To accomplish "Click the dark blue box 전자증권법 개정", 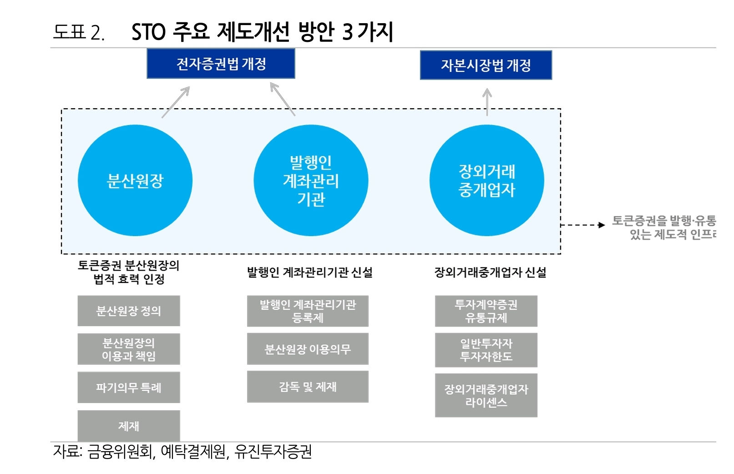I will tap(221, 64).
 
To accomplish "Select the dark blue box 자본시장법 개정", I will tap(486, 65).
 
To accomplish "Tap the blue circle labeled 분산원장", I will tap(135, 181).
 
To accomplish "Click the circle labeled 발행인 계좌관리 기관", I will tap(311, 181).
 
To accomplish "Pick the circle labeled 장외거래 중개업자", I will tap(486, 181).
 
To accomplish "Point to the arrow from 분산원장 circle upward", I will tap(176, 102).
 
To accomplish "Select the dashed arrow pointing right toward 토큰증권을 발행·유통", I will tap(582, 225).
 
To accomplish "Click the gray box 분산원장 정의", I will tap(129, 311).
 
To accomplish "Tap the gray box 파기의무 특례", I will tap(129, 388).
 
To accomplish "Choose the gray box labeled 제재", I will tap(129, 426).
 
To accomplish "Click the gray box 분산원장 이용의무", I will tap(308, 349).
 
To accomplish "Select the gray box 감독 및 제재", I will tap(308, 387).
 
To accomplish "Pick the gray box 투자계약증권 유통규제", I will tap(486, 311).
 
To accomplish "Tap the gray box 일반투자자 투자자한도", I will tap(486, 350).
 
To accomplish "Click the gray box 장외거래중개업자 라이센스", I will tap(486, 395).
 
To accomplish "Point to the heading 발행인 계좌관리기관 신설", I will tap(309, 272).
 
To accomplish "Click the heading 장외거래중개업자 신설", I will tap(490, 272).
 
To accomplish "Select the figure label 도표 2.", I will tap(79, 32).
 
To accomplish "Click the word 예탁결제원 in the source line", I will tap(194, 452).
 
